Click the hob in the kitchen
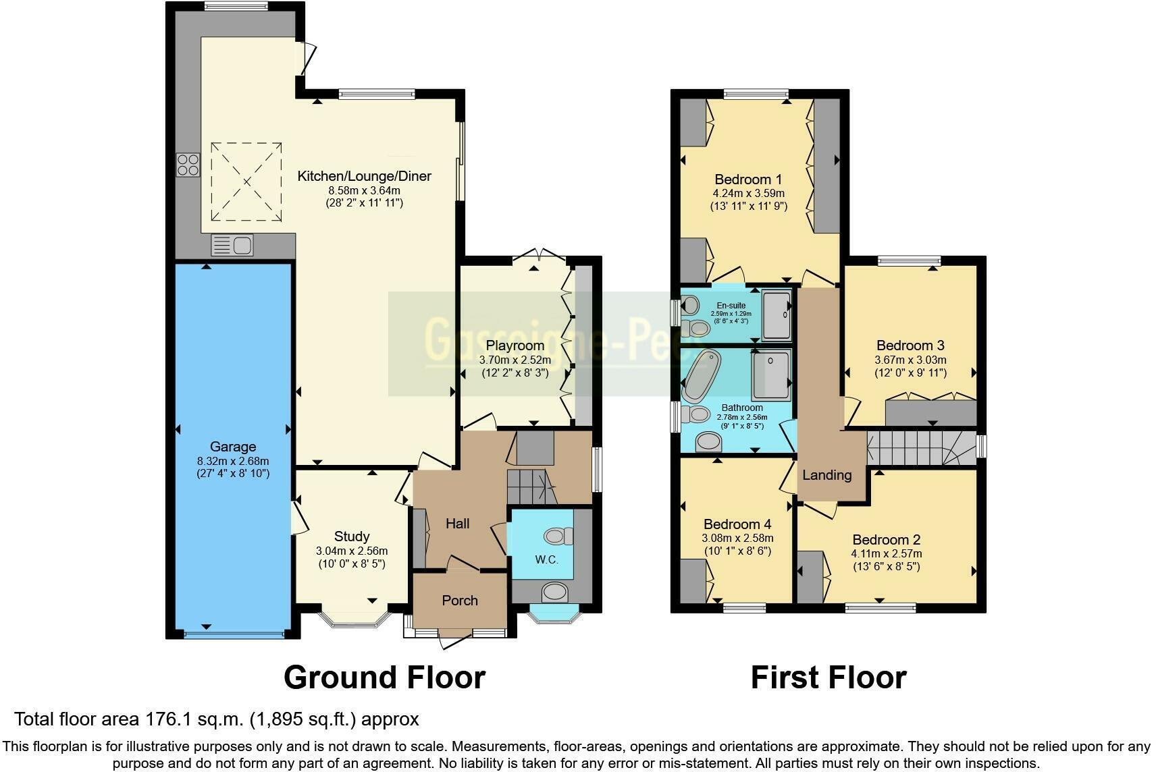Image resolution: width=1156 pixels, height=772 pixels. [x=188, y=165]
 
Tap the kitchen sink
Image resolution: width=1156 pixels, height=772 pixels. [x=232, y=245]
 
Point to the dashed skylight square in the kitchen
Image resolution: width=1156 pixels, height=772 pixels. [x=246, y=181]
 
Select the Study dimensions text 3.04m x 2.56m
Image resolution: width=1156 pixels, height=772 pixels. [x=352, y=551]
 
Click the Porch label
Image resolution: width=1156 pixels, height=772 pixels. [x=460, y=601]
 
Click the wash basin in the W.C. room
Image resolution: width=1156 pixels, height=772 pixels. [x=555, y=592]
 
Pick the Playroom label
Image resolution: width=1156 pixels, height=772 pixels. [x=515, y=346]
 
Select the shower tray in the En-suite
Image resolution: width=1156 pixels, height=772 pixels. [x=778, y=315]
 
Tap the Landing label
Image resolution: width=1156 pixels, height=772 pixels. [x=827, y=475]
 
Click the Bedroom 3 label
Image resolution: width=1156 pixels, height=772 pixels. [x=910, y=346]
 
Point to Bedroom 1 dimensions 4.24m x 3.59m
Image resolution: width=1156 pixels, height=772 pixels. [x=748, y=193]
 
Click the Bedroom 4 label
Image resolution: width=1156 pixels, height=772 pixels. [x=737, y=524]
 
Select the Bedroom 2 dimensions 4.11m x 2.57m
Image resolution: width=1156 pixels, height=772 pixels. [x=886, y=553]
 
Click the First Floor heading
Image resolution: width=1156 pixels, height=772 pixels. [x=829, y=678]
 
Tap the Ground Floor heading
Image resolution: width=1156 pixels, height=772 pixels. [x=384, y=678]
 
